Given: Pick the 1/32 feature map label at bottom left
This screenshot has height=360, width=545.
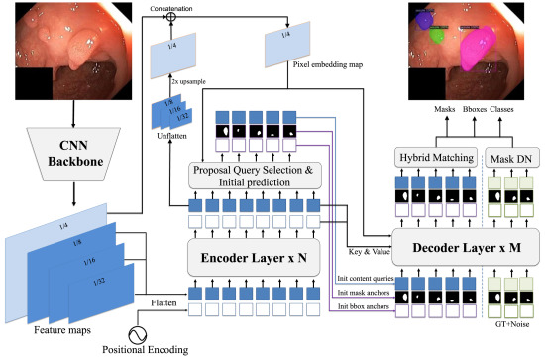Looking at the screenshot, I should click(99, 284).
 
